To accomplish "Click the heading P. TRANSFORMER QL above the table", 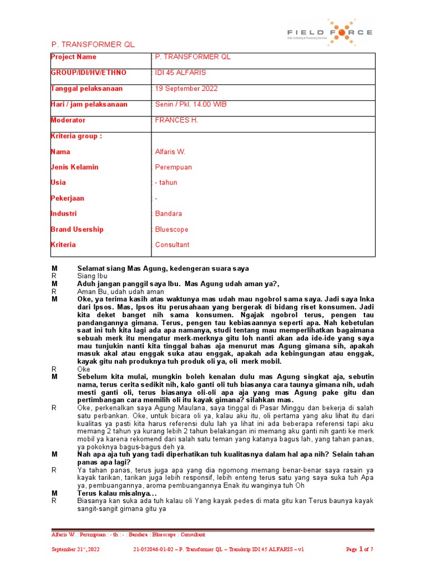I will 93,44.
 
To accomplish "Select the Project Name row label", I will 73,57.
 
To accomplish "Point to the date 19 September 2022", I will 186,89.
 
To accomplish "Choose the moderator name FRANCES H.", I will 176,120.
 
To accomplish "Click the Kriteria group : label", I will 76,136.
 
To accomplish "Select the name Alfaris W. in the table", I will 171,152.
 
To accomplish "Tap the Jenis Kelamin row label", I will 74,167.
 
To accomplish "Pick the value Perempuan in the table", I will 174,167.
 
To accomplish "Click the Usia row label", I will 58,182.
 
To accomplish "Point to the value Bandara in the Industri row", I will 169,214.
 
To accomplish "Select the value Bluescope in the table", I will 172,229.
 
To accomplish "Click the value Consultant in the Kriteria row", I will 172,245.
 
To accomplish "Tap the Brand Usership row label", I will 77,229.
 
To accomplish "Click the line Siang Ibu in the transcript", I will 92,276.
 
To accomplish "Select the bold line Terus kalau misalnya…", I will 117,493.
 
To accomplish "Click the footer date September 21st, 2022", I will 75,549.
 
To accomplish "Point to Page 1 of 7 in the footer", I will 359,549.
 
